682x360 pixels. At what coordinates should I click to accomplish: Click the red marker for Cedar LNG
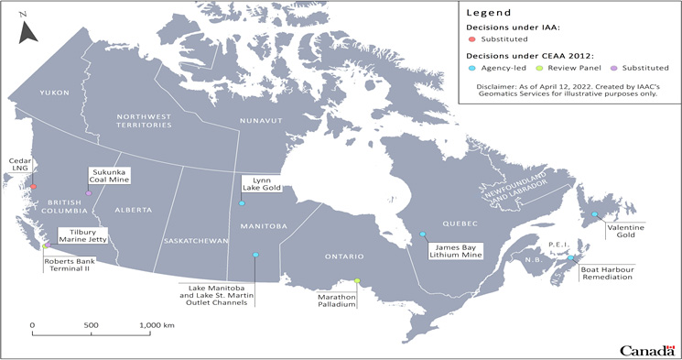point(33,187)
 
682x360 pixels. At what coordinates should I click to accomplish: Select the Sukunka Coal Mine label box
point(108,175)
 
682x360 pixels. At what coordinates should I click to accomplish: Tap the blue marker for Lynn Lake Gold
point(242,203)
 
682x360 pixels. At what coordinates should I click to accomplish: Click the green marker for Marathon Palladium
point(358,281)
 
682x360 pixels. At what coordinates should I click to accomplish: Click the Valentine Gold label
point(625,230)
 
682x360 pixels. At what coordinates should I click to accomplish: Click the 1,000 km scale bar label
point(157,325)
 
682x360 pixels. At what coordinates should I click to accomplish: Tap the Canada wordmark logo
point(646,351)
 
